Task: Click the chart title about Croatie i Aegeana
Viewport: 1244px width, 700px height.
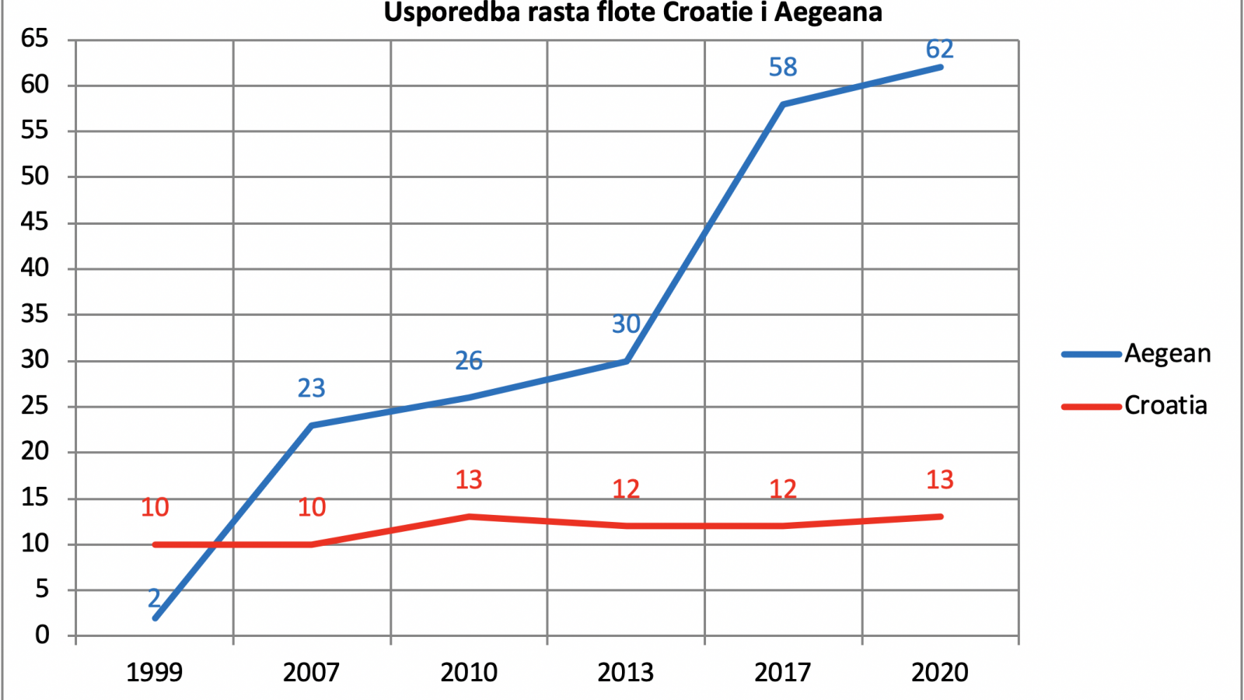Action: [x=633, y=12]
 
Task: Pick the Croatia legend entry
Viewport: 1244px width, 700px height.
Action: [x=1134, y=405]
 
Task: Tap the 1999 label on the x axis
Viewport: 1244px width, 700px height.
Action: [x=155, y=672]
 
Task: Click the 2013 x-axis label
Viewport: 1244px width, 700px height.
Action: [x=625, y=672]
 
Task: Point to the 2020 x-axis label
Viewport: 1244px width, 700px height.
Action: [x=940, y=672]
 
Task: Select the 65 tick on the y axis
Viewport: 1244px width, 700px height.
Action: [x=35, y=39]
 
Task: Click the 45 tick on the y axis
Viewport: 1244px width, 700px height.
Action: [x=35, y=222]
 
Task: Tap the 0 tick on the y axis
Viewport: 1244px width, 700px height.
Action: [x=42, y=635]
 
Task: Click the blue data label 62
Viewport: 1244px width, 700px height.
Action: [x=940, y=49]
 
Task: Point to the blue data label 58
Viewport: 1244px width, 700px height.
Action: [x=783, y=67]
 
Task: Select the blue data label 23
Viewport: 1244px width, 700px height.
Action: [x=311, y=388]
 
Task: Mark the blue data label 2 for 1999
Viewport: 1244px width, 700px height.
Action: [x=154, y=598]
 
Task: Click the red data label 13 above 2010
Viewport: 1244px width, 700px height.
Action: [x=469, y=480]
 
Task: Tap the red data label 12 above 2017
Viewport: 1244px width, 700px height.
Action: [x=783, y=489]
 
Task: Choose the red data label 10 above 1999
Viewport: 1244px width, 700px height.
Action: [x=155, y=507]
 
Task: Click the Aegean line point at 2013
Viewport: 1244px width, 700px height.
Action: [x=626, y=361]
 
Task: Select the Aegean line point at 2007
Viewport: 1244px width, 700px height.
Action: [x=312, y=425]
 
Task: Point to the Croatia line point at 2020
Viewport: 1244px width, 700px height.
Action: [x=940, y=516]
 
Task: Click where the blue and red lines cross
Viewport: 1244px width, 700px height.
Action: [x=215, y=544]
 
